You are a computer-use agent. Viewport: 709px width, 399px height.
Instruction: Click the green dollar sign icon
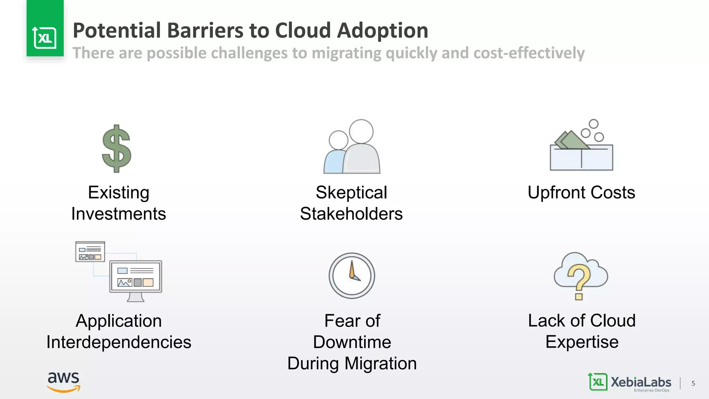click(117, 149)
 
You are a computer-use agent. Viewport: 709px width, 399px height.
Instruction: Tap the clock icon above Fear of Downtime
click(352, 276)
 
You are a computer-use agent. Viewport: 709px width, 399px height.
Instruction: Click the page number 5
click(693, 383)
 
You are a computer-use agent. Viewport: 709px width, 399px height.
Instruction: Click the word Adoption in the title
click(382, 30)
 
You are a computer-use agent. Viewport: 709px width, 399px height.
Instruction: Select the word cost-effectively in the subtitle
click(529, 53)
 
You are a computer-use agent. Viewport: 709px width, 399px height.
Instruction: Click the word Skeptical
click(351, 193)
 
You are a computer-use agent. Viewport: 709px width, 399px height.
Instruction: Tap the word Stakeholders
click(351, 214)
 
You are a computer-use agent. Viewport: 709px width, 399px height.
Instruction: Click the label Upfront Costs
click(581, 193)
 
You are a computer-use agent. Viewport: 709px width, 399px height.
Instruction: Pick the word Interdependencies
click(119, 342)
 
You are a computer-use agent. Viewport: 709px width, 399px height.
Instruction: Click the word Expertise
click(582, 342)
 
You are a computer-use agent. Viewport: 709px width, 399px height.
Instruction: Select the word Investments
click(118, 214)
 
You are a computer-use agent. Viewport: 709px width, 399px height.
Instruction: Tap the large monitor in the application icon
click(136, 277)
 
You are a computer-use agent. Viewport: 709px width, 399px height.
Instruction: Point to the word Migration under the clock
click(380, 364)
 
